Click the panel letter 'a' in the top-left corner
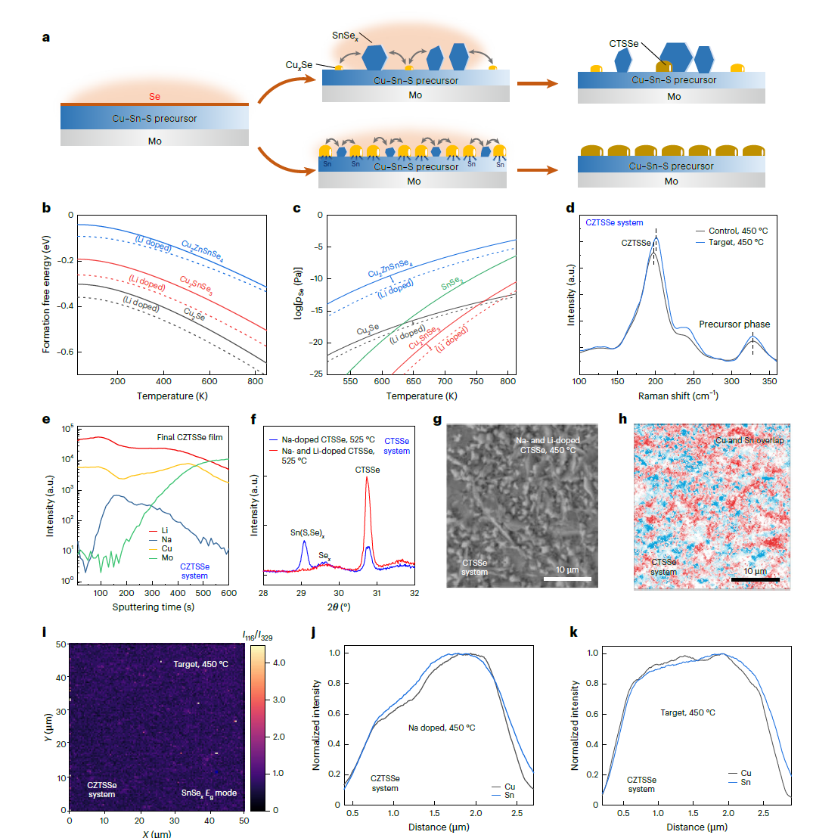click(46, 36)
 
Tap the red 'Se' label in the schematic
click(154, 97)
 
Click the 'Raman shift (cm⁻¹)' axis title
click(678, 396)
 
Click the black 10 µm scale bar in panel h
click(754, 579)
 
